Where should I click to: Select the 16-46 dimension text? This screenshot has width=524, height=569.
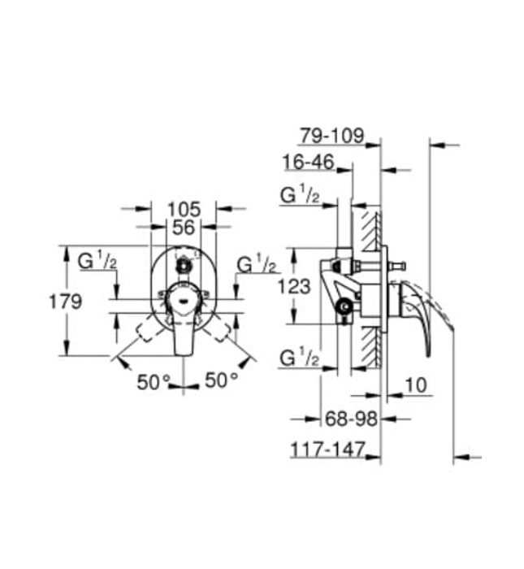click(309, 162)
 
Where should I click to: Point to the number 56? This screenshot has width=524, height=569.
click(184, 228)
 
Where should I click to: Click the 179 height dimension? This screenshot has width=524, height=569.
click(64, 302)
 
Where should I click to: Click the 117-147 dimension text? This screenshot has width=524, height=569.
click(328, 448)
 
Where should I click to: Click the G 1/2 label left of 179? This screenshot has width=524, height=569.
click(97, 261)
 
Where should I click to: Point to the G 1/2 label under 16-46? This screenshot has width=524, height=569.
click(300, 196)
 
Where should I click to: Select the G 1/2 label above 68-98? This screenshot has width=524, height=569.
click(300, 357)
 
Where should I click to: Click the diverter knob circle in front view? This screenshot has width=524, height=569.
click(184, 264)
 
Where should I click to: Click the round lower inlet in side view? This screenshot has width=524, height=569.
click(344, 306)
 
